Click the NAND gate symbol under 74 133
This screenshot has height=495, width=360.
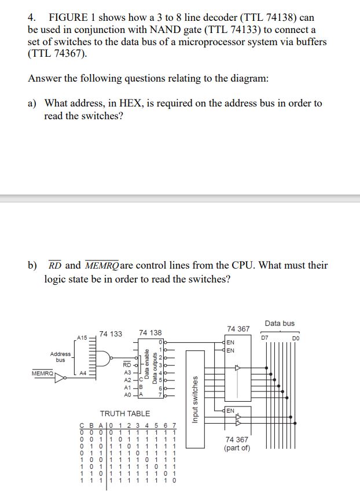tap(107, 355)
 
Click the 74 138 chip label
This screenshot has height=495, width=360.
tap(150, 333)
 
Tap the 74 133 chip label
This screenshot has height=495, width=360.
tap(111, 333)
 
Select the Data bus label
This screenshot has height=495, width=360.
tap(279, 323)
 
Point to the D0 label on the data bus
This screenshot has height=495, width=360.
tap(296, 336)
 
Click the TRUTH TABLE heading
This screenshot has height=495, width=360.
tap(125, 413)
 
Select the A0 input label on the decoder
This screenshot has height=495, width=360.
tap(128, 395)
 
